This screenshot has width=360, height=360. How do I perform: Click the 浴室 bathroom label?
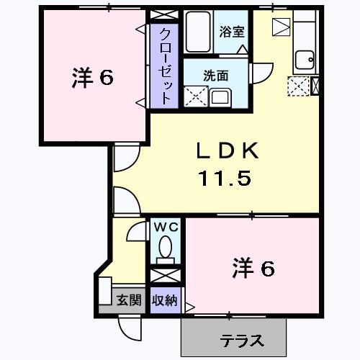pyautogui.click(x=232, y=32)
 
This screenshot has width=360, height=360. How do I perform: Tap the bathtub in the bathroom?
pyautogui.click(x=198, y=32)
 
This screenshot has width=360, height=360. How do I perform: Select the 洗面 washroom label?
pyautogui.click(x=215, y=76)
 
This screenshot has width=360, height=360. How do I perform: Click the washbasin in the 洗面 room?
pyautogui.click(x=220, y=97)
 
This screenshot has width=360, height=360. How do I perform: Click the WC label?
pyautogui.click(x=166, y=228)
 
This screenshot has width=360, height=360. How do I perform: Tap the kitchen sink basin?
pyautogui.click(x=305, y=60)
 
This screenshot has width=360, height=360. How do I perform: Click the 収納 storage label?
pyautogui.click(x=165, y=300)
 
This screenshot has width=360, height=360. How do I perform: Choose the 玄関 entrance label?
pyautogui.click(x=129, y=300)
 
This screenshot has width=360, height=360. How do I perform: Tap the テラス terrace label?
pyautogui.click(x=242, y=341)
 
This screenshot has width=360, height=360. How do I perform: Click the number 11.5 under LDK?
pyautogui.click(x=225, y=178)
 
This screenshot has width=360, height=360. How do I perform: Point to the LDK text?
pyautogui.click(x=228, y=150)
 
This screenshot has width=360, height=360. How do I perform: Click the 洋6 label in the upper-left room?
pyautogui.click(x=93, y=77)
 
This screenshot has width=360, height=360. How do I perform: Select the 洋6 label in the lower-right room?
pyautogui.click(x=253, y=268)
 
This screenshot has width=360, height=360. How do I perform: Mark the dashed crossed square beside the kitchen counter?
pyautogui.click(x=299, y=86)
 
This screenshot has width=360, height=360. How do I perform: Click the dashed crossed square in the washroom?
pyautogui.click(x=196, y=96)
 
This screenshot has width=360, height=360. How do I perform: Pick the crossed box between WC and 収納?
pyautogui.click(x=166, y=276)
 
